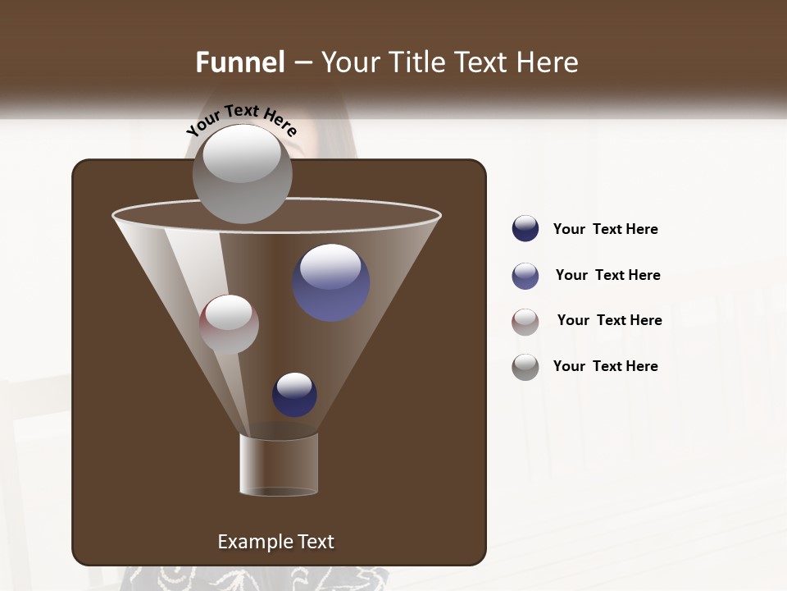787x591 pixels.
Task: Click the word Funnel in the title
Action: (239, 62)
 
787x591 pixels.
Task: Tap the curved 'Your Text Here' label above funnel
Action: (242, 120)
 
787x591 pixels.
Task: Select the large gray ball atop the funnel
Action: (242, 174)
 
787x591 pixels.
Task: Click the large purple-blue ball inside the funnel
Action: (330, 283)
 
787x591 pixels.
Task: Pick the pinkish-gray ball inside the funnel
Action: (229, 324)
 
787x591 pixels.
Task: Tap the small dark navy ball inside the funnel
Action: (294, 395)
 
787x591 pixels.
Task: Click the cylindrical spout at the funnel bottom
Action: (279, 465)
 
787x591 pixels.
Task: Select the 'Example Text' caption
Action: (275, 542)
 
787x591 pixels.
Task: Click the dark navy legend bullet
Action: (525, 229)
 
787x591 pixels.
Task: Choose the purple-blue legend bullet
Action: (525, 276)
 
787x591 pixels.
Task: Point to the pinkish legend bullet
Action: (525, 322)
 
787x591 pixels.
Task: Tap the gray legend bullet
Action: (525, 367)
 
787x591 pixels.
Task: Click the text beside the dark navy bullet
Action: (605, 229)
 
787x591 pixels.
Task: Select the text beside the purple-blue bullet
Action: (607, 275)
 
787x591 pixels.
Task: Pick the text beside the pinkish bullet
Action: (609, 320)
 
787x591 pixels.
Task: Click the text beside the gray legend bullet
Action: (605, 366)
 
